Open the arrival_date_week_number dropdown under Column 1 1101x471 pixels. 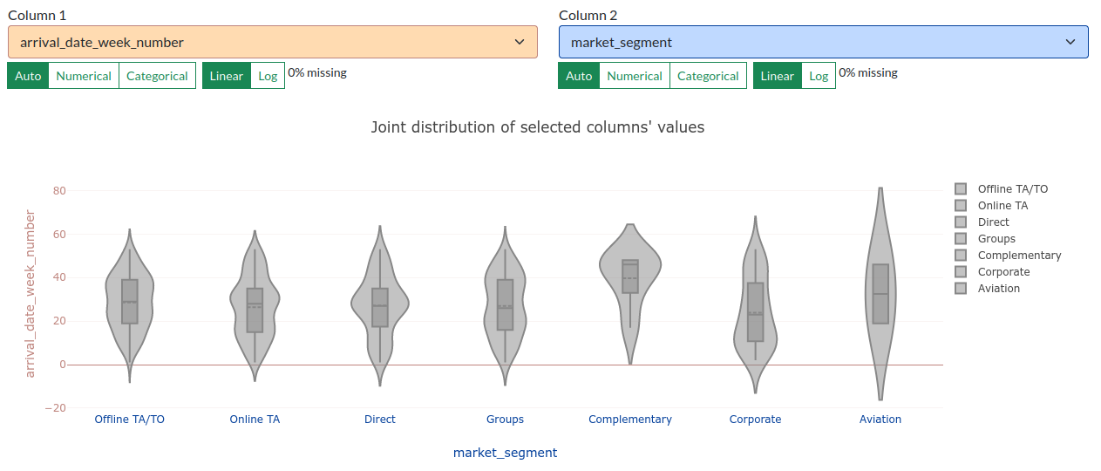click(272, 42)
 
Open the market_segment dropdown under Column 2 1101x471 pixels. click(823, 42)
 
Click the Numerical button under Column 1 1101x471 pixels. click(84, 76)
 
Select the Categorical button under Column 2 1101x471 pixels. click(708, 76)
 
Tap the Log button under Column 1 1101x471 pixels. click(268, 76)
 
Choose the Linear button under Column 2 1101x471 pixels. click(777, 76)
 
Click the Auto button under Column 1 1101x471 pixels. click(28, 76)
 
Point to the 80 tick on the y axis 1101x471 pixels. click(59, 191)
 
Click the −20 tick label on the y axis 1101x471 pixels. click(56, 408)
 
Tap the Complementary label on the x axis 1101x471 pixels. click(630, 420)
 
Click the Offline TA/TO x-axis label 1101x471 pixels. click(129, 420)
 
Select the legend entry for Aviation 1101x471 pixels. click(988, 288)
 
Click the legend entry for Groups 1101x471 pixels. click(985, 238)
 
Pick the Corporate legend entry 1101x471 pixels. click(992, 271)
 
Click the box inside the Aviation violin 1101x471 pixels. click(880, 294)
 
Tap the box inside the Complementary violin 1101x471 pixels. click(630, 276)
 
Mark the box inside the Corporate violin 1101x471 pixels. click(756, 311)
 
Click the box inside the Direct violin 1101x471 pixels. click(380, 307)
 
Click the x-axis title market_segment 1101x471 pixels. click(505, 453)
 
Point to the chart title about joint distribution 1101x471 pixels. click(537, 127)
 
